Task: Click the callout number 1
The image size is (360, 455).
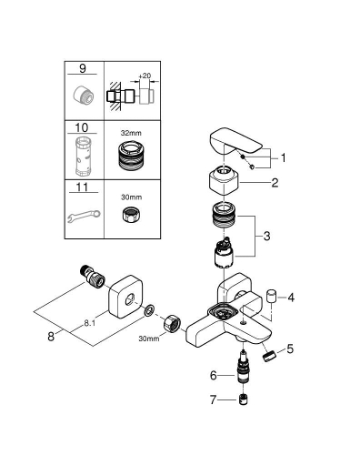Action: pos(283,157)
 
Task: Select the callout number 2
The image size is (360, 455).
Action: pos(275,182)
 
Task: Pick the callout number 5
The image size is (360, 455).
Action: pos(291,348)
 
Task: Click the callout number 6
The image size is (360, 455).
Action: pos(214,374)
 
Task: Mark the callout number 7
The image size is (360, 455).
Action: pos(214,399)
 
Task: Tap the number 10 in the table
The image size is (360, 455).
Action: pos(84,130)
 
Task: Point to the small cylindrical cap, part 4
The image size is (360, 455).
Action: pos(271,296)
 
